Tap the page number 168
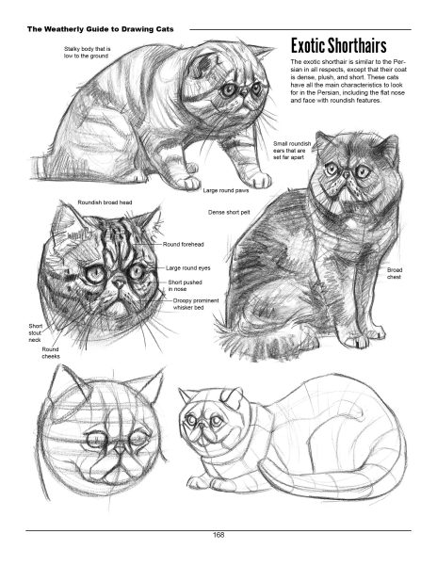click(218, 536)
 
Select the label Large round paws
click(225, 190)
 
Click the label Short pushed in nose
click(183, 285)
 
